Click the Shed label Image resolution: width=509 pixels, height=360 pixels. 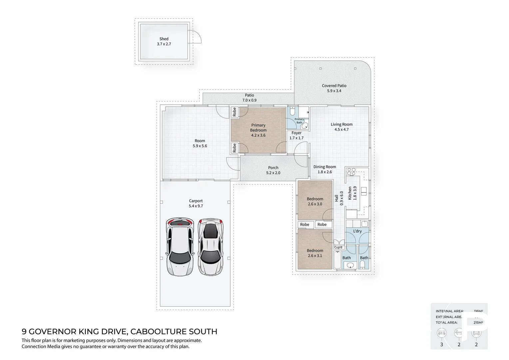click(x=164, y=39)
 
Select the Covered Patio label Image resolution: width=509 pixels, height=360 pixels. click(x=334, y=86)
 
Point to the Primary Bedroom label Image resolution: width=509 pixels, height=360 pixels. click(x=258, y=128)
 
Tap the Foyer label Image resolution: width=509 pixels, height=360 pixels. click(x=296, y=133)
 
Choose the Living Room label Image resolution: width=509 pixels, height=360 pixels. click(x=341, y=124)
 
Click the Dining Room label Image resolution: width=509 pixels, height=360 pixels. click(x=324, y=167)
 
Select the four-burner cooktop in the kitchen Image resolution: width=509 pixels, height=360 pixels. click(x=351, y=172)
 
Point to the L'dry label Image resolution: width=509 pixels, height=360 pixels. click(x=357, y=231)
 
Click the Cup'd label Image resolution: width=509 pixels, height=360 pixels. click(x=338, y=247)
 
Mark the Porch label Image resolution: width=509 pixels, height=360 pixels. click(x=273, y=168)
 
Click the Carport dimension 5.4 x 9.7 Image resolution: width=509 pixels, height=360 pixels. click(x=196, y=206)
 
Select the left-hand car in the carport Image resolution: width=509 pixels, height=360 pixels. click(x=180, y=247)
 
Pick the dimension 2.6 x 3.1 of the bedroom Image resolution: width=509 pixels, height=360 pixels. click(x=315, y=256)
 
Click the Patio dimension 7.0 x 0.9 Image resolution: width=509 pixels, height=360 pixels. click(x=249, y=100)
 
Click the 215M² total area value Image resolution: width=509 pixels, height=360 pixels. click(x=478, y=323)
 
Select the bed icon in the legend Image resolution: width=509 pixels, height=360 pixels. click(x=442, y=333)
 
